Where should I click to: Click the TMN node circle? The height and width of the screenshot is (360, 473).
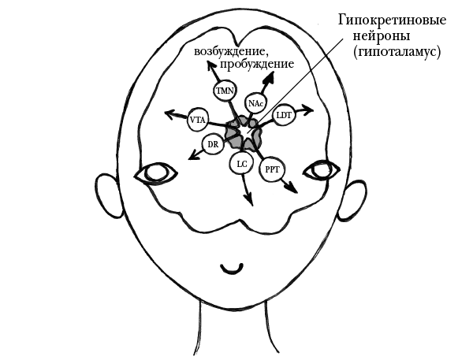click(x=225, y=92)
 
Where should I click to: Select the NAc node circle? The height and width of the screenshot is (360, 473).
click(x=255, y=104)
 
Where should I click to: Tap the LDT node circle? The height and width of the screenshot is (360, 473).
click(x=284, y=117)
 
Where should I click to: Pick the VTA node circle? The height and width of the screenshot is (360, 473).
click(x=198, y=121)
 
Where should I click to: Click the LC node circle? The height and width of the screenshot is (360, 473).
click(x=241, y=164)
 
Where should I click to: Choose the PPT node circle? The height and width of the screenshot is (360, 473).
click(x=272, y=169)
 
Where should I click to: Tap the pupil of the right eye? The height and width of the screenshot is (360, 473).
click(x=320, y=169)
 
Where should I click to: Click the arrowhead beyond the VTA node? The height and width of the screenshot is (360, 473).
click(x=168, y=115)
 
